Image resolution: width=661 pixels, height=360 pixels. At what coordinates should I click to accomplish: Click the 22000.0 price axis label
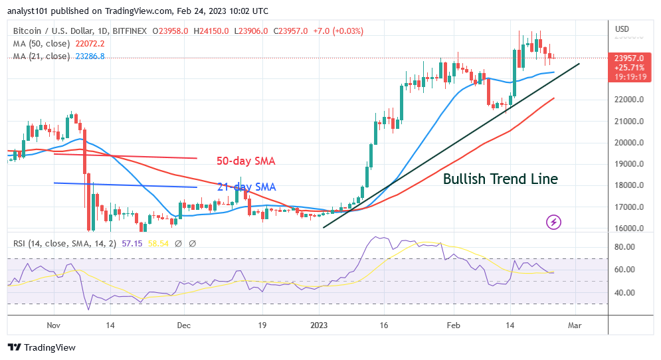tap(628, 100)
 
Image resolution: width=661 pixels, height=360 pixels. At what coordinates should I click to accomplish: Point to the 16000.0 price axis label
tap(628, 228)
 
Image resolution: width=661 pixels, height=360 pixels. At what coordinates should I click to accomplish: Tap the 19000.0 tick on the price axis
tap(628, 164)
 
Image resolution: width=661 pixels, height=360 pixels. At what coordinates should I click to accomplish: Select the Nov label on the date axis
tap(54, 325)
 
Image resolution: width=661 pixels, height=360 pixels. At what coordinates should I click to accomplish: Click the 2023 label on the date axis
tap(319, 325)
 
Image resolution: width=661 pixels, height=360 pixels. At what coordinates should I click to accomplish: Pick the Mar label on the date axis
tap(575, 325)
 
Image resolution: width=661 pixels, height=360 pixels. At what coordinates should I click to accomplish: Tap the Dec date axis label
tap(184, 325)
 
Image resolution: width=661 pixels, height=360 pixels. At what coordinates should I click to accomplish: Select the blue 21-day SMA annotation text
tap(246, 187)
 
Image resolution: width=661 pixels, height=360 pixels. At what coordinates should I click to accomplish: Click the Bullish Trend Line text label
tap(500, 179)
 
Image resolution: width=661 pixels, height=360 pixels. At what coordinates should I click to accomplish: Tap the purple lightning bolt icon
tap(553, 222)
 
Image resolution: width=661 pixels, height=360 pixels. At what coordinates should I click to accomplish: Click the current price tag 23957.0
tap(628, 58)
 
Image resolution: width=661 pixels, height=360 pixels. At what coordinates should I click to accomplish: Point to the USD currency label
tap(622, 29)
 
